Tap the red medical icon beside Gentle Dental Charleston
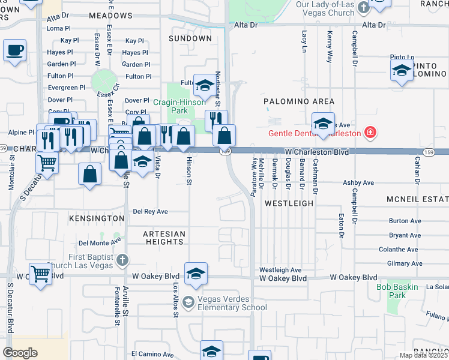(x=370, y=132)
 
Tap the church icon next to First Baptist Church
(x=122, y=260)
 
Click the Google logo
(x=20, y=352)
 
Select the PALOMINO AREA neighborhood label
(x=299, y=101)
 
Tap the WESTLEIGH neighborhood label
(x=289, y=203)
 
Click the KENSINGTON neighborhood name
(x=96, y=218)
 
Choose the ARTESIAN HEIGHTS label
(x=164, y=238)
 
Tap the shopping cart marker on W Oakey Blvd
(x=40, y=274)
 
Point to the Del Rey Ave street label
(x=150, y=211)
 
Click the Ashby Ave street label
(x=358, y=182)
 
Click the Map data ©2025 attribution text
(x=423, y=355)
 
